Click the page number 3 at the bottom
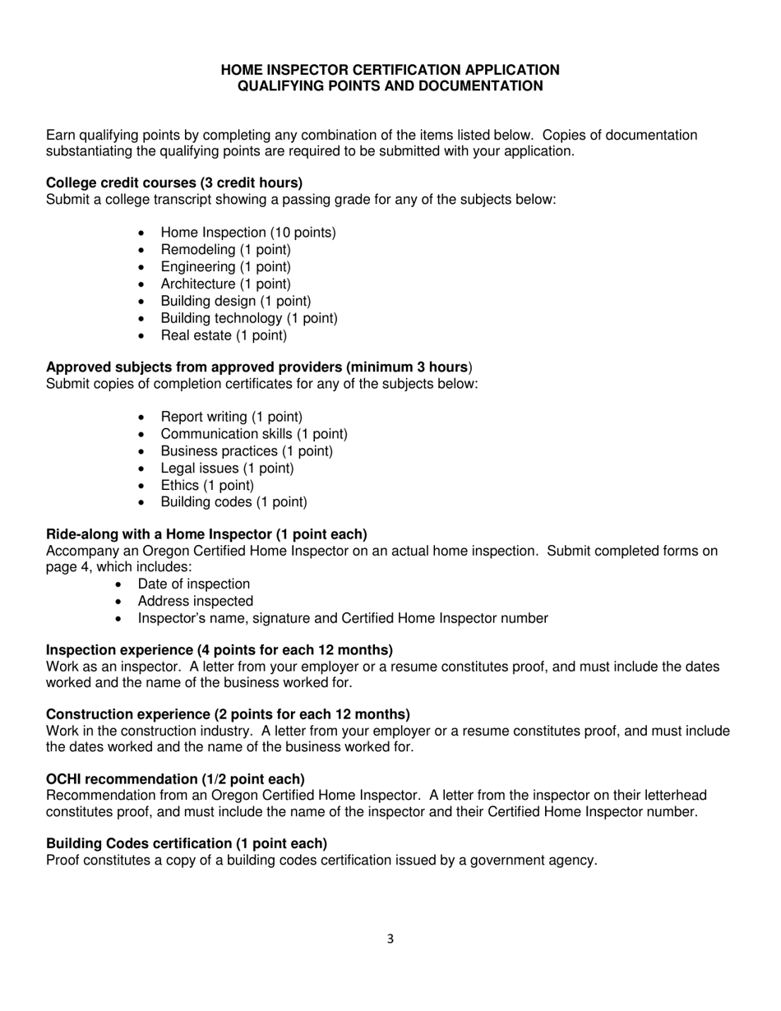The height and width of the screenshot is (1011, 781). tap(390, 939)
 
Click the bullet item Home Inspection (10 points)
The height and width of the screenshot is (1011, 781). tap(247, 233)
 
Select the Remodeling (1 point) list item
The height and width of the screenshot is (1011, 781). tap(225, 250)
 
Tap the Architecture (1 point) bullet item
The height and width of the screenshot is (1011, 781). tap(225, 284)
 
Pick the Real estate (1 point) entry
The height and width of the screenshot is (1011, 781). tap(224, 335)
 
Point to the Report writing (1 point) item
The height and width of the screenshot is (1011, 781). tap(231, 417)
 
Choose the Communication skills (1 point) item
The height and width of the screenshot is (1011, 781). tap(253, 434)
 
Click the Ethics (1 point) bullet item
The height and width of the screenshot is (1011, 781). tap(207, 485)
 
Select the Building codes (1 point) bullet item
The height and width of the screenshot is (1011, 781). tap(233, 502)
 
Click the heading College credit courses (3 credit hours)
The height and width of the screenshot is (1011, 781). tap(174, 182)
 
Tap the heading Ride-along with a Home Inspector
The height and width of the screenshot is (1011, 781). tap(206, 534)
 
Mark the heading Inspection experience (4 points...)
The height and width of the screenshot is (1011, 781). tap(220, 649)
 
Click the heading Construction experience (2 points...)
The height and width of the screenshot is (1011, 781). tap(228, 714)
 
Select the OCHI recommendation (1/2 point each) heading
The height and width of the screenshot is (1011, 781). tap(175, 779)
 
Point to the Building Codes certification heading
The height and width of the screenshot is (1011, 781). tap(187, 843)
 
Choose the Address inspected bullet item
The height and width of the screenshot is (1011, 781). tap(195, 601)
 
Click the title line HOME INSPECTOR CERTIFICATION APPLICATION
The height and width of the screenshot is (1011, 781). tap(390, 70)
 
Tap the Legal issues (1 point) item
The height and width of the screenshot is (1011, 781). tap(227, 469)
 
